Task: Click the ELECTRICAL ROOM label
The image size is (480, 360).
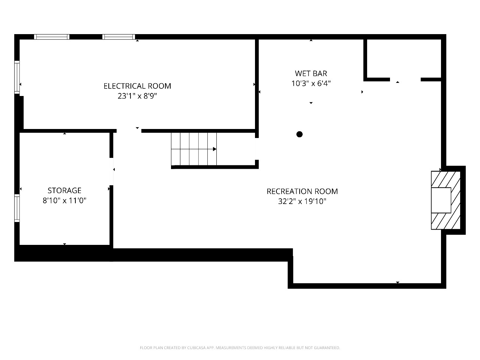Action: [137, 86]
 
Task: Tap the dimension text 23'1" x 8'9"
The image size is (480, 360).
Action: [137, 96]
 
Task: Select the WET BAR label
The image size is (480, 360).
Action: [311, 73]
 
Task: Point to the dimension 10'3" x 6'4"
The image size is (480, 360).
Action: [311, 83]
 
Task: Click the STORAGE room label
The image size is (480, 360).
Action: [64, 190]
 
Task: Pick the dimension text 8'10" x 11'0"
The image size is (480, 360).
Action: [64, 200]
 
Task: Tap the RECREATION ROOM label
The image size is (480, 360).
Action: [302, 191]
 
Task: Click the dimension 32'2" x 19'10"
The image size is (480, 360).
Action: [302, 201]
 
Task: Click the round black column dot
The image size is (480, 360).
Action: [299, 134]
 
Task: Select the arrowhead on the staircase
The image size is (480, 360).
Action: [215, 149]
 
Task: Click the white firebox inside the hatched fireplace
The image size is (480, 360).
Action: [441, 200]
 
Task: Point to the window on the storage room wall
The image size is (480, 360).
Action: [17, 208]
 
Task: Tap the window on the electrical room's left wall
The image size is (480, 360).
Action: [17, 77]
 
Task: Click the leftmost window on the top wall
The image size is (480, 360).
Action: [52, 37]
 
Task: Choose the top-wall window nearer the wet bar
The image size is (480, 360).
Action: [118, 37]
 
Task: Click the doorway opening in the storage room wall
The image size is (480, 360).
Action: [111, 172]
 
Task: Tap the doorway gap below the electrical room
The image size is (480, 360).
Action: [129, 131]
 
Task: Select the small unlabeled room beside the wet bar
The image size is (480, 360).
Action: [403, 58]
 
